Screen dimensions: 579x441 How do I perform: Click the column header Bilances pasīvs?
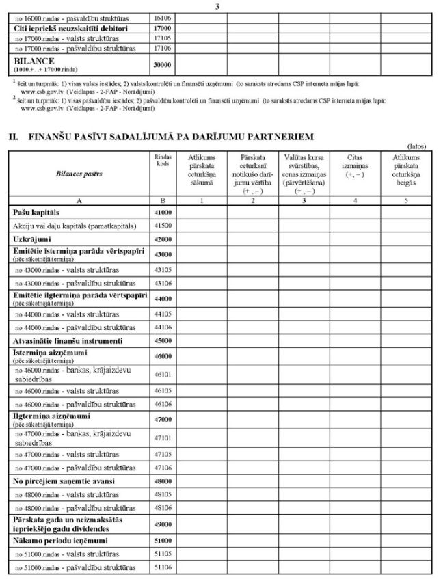point(79,174)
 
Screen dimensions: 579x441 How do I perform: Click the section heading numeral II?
point(13,137)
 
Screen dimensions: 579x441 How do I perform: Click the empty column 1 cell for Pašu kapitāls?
point(204,213)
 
